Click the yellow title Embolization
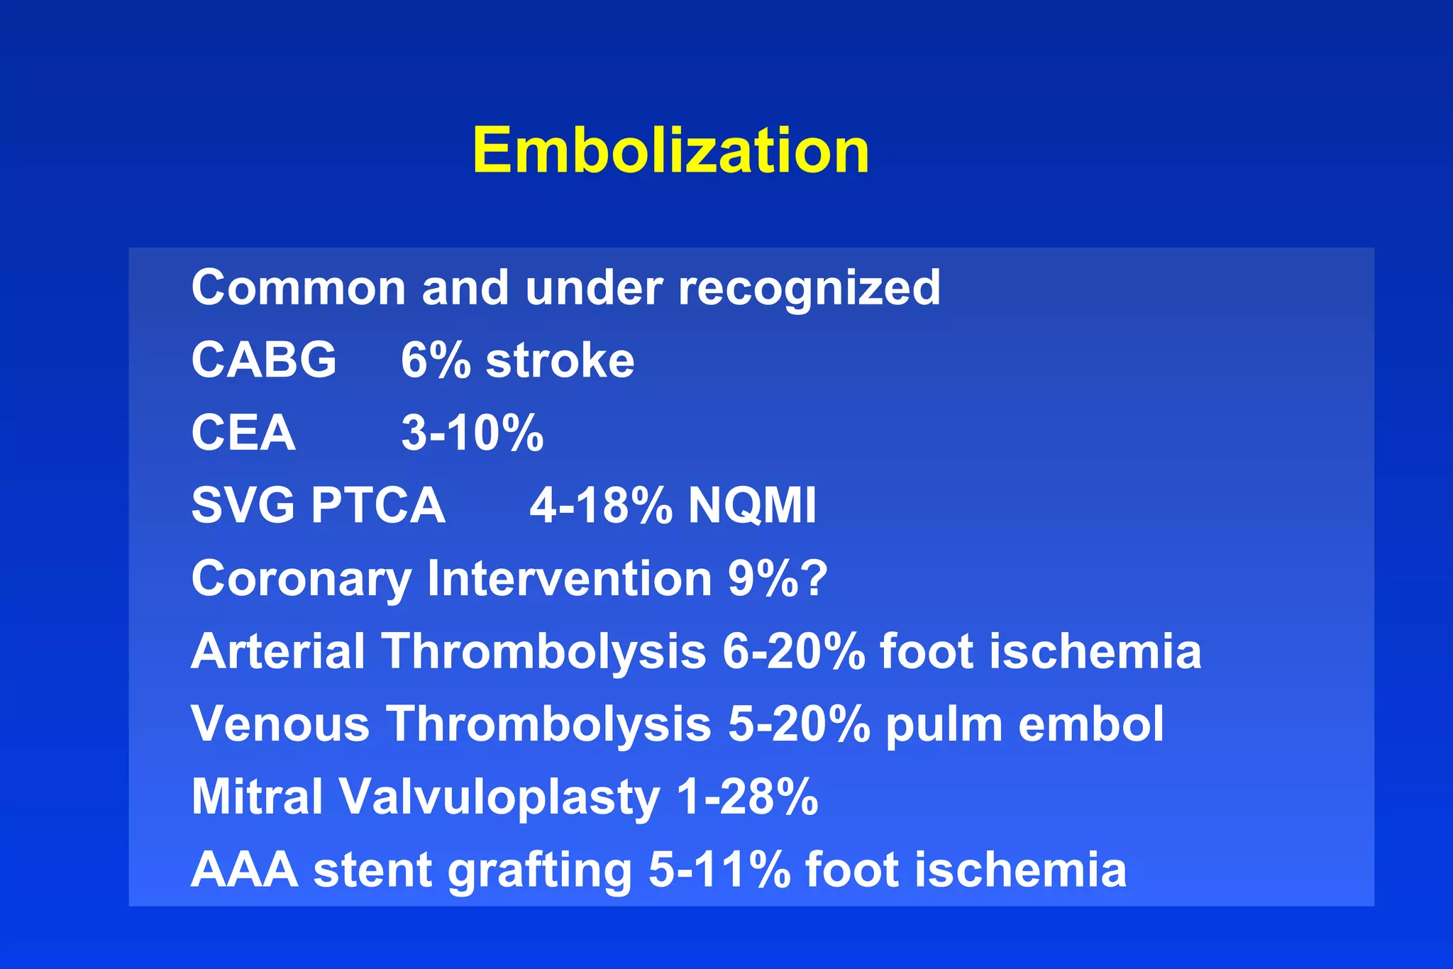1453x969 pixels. point(670,150)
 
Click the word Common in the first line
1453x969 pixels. point(297,288)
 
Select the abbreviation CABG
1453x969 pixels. point(264,360)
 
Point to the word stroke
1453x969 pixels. point(560,360)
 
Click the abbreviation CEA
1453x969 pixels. point(243,433)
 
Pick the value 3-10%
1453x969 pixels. point(473,433)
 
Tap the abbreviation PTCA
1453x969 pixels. point(378,506)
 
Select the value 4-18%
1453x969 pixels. point(601,506)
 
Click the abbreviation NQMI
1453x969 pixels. point(753,506)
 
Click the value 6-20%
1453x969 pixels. point(794,651)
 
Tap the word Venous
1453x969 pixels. point(280,724)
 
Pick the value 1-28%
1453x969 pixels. point(747,797)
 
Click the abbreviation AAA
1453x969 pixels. point(244,870)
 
